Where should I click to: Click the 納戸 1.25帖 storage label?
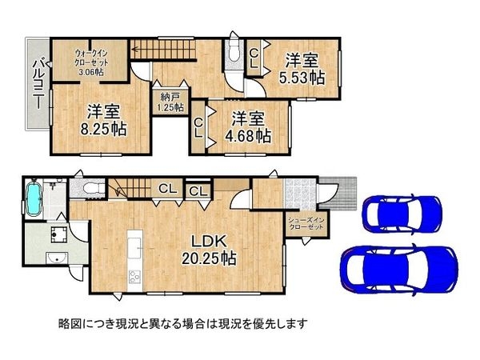[168, 102]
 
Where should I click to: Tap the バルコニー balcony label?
[37, 84]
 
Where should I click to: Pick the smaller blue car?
[400, 212]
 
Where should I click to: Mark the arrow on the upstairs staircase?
[138, 50]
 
